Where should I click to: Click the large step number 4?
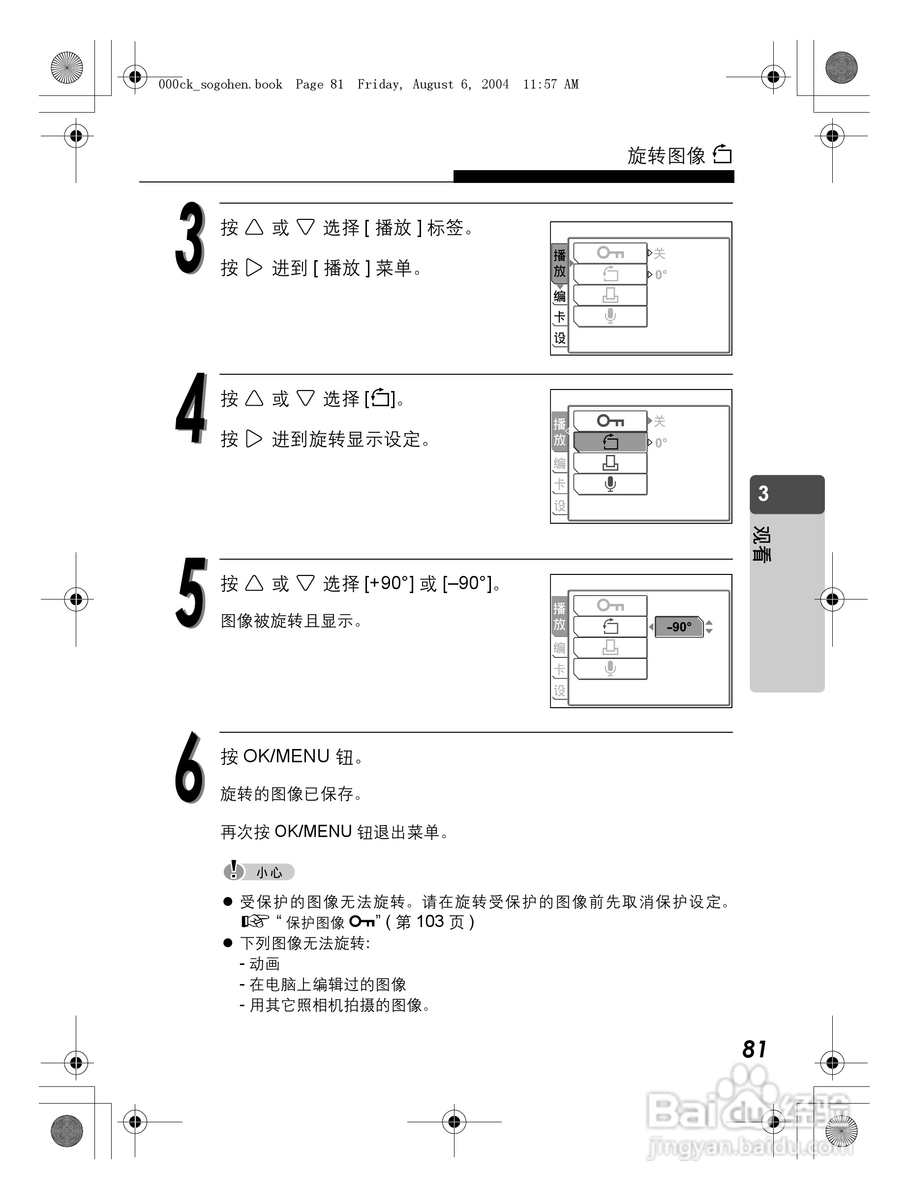point(191,409)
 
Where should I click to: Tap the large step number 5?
point(191,593)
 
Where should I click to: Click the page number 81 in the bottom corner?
point(754,1049)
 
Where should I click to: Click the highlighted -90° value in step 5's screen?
point(679,627)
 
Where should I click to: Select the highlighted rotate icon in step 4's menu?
point(610,442)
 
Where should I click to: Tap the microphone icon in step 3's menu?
point(610,316)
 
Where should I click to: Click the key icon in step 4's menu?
point(610,421)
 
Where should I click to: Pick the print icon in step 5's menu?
point(610,647)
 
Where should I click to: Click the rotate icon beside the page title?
point(723,155)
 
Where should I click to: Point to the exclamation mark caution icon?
point(234,870)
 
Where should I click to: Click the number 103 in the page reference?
point(430,922)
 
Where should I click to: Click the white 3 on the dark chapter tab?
point(763,493)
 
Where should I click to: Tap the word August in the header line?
point(433,85)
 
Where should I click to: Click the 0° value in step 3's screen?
point(661,274)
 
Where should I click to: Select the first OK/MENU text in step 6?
point(286,756)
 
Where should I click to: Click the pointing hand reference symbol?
point(255,921)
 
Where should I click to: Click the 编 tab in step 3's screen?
point(560,296)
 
